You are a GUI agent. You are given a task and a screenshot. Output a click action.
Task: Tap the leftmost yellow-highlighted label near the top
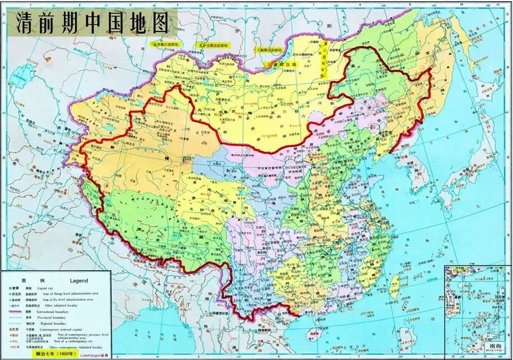[x=165, y=44]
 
